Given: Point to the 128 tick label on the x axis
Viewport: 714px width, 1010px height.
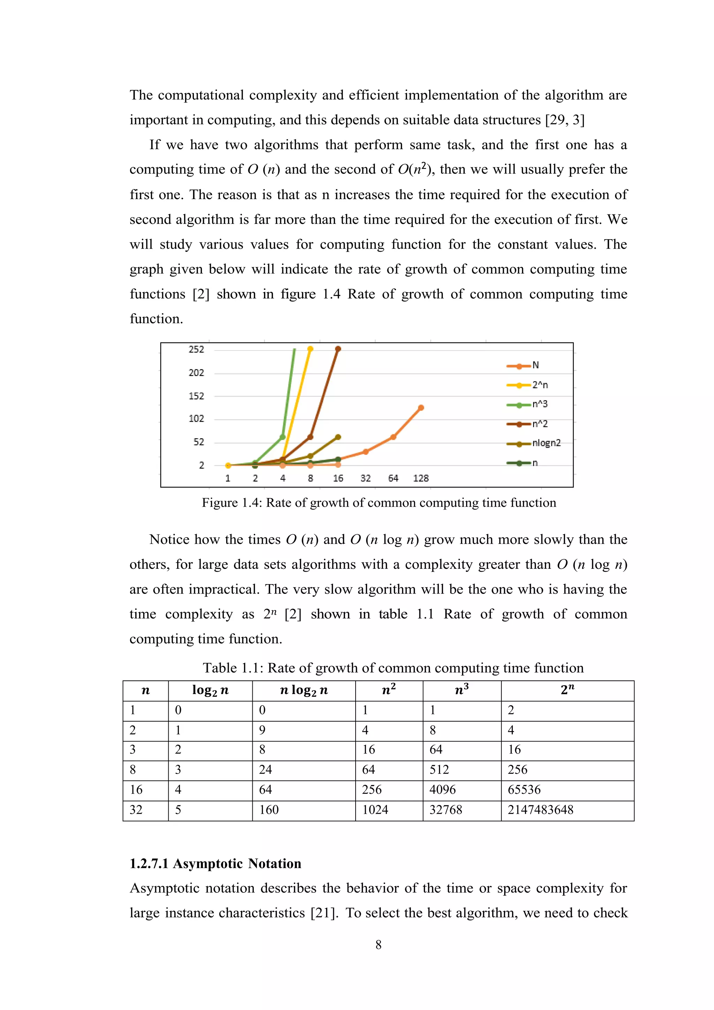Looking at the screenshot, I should [421, 478].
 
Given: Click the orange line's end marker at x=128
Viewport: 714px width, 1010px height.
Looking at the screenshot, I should [421, 408].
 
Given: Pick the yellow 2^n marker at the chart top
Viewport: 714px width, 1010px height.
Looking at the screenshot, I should [310, 349].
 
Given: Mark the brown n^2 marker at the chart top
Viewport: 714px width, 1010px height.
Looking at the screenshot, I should [338, 349].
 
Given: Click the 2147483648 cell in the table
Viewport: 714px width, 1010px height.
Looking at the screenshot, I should [540, 810].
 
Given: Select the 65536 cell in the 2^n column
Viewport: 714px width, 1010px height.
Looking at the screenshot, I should [524, 790].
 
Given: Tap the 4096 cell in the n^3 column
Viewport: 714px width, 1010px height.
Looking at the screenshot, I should [442, 790].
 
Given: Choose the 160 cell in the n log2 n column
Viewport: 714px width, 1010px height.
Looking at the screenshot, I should [269, 810].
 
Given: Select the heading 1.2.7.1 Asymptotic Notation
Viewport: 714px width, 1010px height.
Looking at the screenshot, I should [215, 864].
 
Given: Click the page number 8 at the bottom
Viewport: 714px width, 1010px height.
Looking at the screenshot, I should [378, 944].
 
